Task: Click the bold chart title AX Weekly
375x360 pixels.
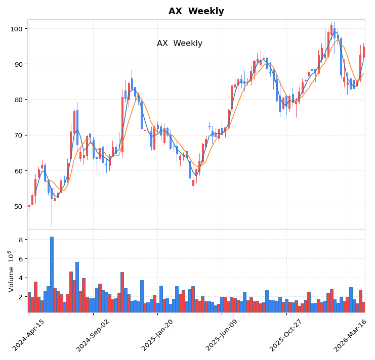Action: [x=196, y=11]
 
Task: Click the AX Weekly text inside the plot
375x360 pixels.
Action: [x=180, y=43]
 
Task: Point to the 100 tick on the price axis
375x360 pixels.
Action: [x=17, y=29]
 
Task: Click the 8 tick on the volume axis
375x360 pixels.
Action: [x=21, y=240]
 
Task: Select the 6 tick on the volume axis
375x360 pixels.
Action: [x=21, y=259]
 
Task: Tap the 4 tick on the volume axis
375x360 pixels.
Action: [x=21, y=278]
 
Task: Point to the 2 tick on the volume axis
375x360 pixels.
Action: [x=21, y=297]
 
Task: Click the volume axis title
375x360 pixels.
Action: [x=11, y=271]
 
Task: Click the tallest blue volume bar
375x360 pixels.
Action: [x=52, y=274]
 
